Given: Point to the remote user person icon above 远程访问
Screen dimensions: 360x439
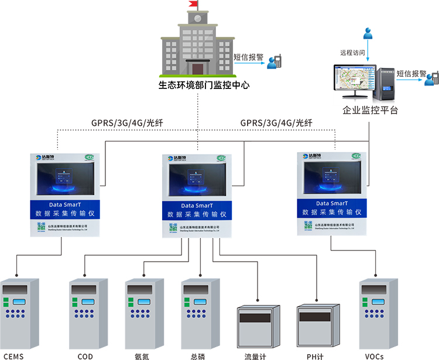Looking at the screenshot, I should pos(368,33).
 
